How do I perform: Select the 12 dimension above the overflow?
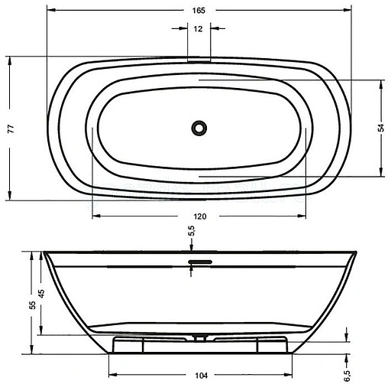(199, 30)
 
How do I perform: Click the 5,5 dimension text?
(192, 229)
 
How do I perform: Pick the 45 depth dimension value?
(43, 294)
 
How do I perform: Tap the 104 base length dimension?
(199, 375)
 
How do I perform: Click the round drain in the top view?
(199, 126)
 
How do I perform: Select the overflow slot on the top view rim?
(199, 57)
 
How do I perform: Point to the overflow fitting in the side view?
(199, 262)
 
